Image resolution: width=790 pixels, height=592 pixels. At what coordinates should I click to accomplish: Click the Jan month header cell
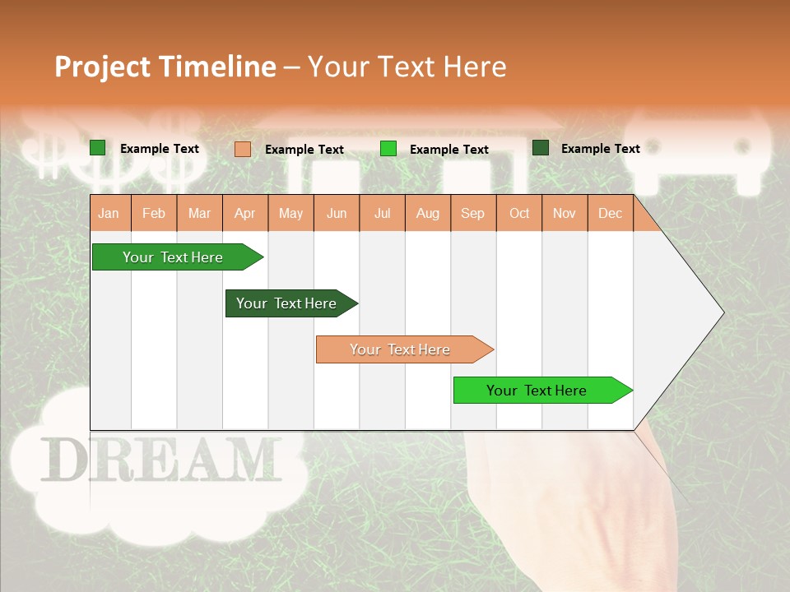[109, 214]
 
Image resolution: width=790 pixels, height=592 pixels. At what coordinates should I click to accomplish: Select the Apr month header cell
[245, 214]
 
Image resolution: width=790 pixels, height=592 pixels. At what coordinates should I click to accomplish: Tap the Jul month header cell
[382, 214]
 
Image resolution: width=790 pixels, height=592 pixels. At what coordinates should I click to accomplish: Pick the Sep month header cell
[472, 214]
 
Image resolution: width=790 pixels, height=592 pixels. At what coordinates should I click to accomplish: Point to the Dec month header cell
[610, 214]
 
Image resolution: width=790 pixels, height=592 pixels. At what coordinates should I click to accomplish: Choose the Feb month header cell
[154, 214]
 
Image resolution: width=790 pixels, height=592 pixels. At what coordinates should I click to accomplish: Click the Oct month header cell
[519, 214]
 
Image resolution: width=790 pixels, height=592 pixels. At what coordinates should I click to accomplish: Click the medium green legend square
[98, 148]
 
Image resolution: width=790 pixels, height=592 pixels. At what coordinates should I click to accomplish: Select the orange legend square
[243, 149]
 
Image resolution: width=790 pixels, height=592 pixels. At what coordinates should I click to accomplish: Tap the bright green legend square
[388, 149]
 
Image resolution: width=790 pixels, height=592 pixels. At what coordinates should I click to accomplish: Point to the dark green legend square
[541, 148]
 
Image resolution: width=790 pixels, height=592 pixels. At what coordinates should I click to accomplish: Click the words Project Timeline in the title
[165, 67]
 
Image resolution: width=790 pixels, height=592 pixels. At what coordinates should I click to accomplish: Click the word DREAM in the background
[160, 460]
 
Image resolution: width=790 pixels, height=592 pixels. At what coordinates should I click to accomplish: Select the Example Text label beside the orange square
[304, 150]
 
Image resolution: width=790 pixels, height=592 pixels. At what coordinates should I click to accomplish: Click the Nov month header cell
[565, 214]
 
